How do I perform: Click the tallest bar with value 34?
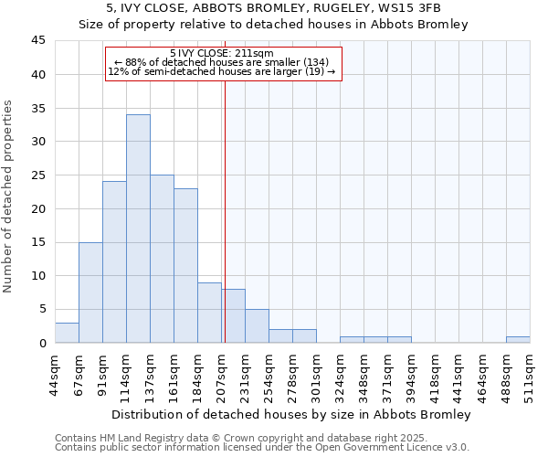click(138, 228)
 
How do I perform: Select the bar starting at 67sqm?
click(90, 292)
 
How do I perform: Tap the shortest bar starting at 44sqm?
click(67, 333)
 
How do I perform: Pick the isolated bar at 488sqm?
click(518, 339)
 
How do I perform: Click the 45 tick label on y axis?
click(37, 41)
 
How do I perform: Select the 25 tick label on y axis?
click(37, 175)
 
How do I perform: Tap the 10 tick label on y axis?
click(37, 276)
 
